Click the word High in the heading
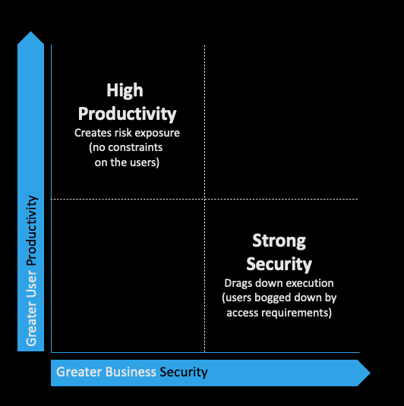tap(125, 90)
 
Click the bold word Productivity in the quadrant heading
tap(127, 114)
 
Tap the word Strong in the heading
tap(279, 241)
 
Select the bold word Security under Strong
tap(279, 264)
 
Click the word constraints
tap(135, 147)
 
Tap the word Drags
tap(238, 283)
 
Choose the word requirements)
tap(296, 313)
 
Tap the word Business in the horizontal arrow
tap(131, 372)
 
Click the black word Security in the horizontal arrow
tap(184, 373)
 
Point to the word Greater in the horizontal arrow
tap(79, 372)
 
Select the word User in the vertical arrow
tap(31, 283)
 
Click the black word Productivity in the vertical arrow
tap(32, 231)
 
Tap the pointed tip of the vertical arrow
tap(30, 32)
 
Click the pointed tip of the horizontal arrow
tap(371, 373)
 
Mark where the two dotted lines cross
tap(204, 199)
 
